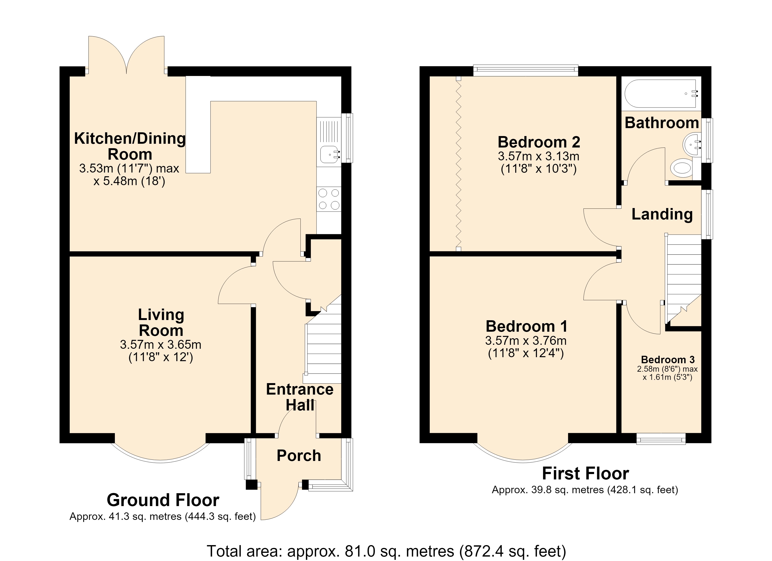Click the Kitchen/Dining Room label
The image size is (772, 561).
pos(130,146)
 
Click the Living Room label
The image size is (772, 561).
pos(161,323)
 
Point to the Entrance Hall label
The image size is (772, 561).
pos(300,397)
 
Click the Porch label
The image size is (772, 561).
pos(299,456)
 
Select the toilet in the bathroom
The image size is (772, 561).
pos(682,168)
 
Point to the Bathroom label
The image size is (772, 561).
pos(662,123)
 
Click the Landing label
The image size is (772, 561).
pos(662,214)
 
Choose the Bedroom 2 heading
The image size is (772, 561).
pos(539,142)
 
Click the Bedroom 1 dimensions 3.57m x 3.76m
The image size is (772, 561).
pos(526,341)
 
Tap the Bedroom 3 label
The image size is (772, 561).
pos(668,360)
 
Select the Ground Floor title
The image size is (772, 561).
pos(163,500)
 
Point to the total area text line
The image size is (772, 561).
pos(386,551)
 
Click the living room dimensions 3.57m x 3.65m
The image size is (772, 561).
pos(161,345)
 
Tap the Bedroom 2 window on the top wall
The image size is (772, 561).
pos(526,71)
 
